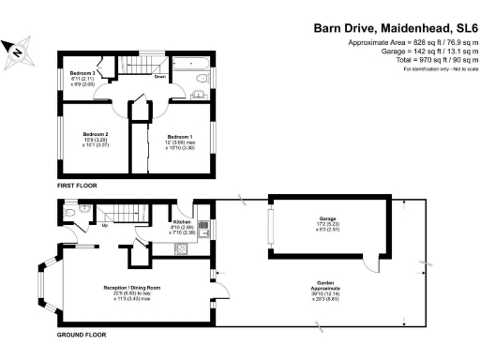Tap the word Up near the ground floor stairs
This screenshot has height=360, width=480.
pos(103,225)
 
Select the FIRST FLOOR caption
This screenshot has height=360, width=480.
pos(78,187)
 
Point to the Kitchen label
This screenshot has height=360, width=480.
pos(183,221)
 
